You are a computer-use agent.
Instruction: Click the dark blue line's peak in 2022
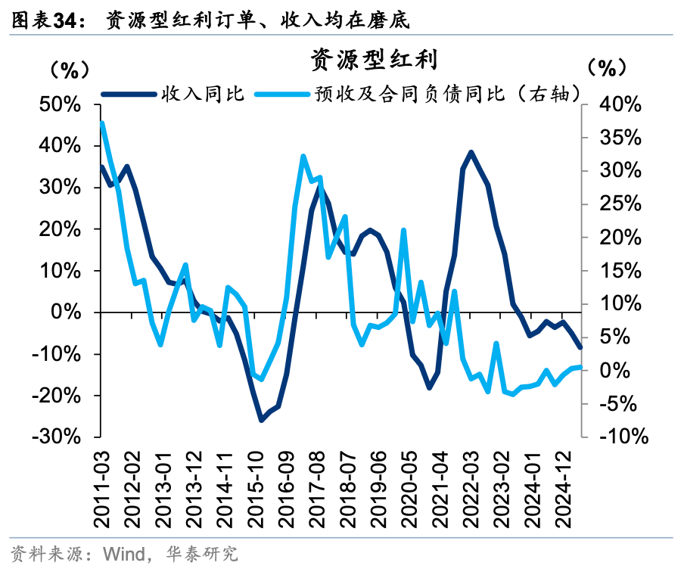click(471, 152)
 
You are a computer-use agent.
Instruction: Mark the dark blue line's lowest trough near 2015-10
click(262, 420)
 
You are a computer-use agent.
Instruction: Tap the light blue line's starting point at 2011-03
click(102, 123)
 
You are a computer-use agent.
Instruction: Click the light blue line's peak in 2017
click(303, 157)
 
